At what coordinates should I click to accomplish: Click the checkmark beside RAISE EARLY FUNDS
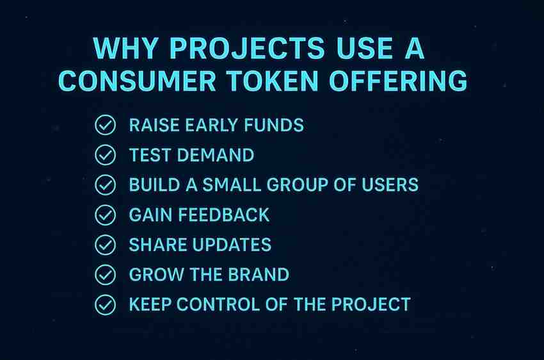click(105, 125)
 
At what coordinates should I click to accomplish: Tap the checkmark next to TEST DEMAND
click(105, 155)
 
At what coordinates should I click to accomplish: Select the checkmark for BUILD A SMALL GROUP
click(105, 185)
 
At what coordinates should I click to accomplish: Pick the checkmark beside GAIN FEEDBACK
click(105, 215)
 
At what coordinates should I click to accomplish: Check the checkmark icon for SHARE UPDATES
click(105, 245)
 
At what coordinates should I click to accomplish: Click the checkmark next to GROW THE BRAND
click(105, 275)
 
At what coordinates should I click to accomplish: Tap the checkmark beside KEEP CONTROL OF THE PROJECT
click(105, 305)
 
